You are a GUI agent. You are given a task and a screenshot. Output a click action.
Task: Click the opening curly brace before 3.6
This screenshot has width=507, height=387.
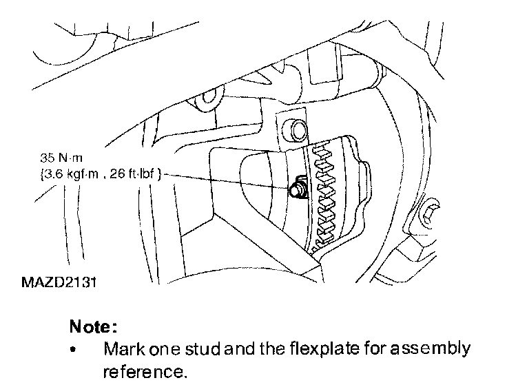42,175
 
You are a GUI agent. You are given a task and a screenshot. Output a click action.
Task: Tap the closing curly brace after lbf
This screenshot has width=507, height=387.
160,175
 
